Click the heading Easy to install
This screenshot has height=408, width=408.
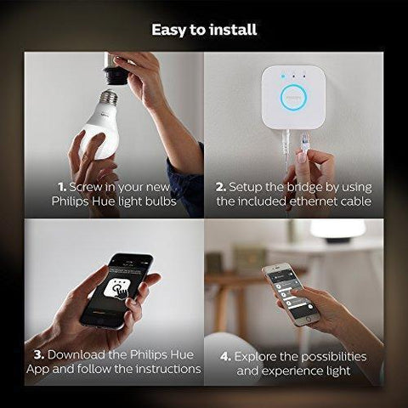tap(204, 30)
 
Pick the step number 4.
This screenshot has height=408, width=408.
tap(225, 355)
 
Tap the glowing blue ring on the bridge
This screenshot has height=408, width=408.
tap(294, 96)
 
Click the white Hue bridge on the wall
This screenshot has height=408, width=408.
tap(294, 96)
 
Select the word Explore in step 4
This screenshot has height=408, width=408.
tap(259, 355)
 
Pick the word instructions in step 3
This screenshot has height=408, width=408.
tap(162, 369)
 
